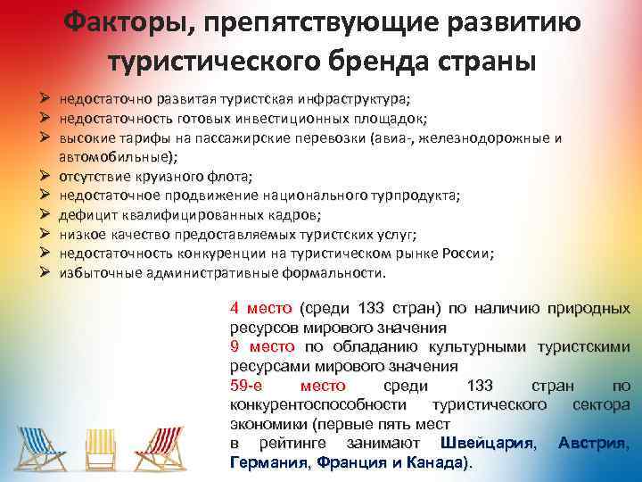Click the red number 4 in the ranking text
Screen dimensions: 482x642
(x=234, y=309)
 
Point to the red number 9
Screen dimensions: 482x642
(x=234, y=346)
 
